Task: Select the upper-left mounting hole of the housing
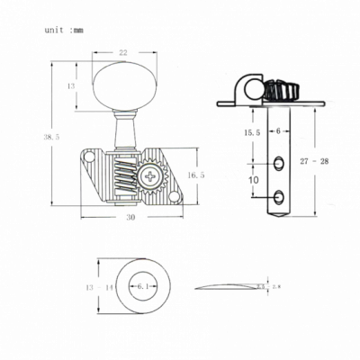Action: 91,163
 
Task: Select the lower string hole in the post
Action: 280,194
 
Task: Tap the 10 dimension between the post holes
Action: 254,181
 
